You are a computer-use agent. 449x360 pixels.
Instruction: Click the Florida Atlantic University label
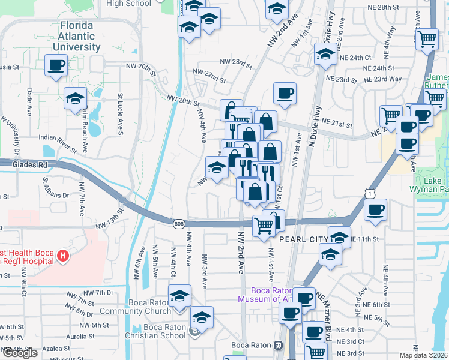[76, 36]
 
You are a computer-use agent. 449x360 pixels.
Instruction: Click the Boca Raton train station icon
[278, 346]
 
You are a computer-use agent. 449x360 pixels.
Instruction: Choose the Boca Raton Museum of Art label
[264, 294]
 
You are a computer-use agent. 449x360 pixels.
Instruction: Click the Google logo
[20, 353]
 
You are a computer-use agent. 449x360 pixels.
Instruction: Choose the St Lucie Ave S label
[120, 112]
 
